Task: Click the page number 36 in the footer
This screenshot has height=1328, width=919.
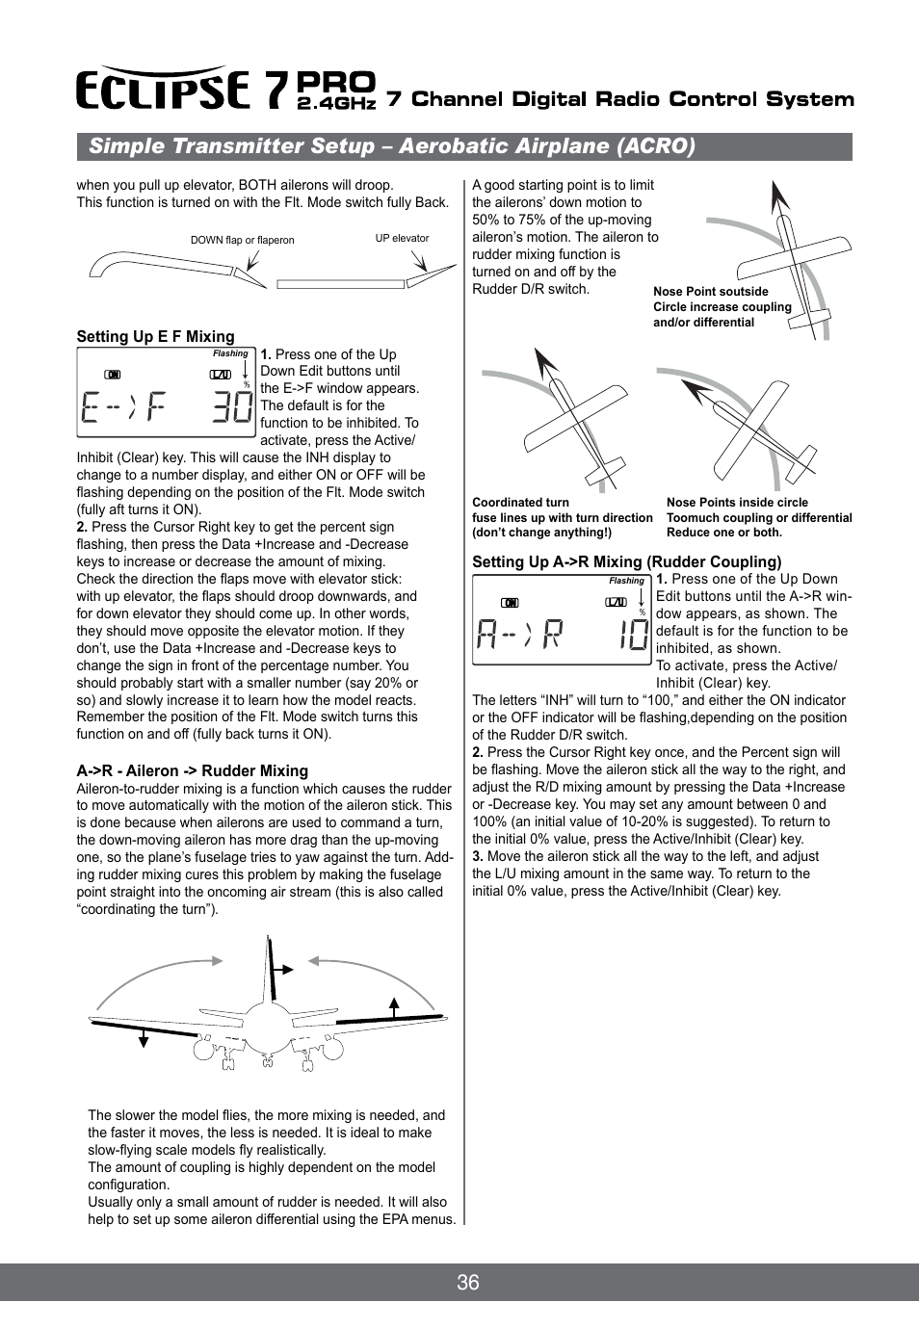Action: point(468,1282)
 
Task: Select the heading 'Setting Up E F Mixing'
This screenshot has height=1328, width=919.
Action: point(155,336)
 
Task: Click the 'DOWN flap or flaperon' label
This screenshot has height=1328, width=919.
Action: point(242,240)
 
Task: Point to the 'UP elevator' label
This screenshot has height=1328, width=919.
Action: point(402,238)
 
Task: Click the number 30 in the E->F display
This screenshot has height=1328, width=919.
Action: point(232,407)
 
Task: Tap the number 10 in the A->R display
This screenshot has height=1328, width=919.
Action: point(633,635)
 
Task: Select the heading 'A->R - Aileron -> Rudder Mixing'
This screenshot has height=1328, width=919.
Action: point(192,770)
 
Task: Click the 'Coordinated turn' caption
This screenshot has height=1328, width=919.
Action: point(520,502)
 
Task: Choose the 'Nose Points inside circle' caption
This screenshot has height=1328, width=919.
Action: point(737,502)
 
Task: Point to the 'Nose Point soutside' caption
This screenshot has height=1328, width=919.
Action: point(710,291)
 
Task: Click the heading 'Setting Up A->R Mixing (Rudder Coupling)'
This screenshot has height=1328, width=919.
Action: point(626,561)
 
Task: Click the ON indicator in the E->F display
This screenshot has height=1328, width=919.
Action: point(113,375)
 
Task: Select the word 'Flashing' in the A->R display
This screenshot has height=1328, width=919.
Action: point(626,581)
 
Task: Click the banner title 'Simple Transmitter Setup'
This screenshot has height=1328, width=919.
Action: point(231,146)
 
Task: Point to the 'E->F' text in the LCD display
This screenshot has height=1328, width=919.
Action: point(122,407)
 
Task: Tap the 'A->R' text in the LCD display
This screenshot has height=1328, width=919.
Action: point(519,635)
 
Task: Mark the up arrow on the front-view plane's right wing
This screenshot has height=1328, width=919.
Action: point(394,1007)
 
